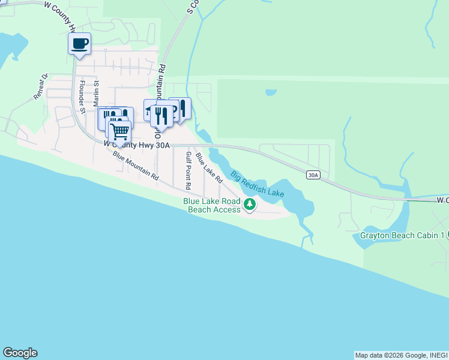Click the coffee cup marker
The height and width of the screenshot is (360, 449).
point(79,44)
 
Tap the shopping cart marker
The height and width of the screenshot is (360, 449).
point(119,130)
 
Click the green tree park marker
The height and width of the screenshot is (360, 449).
point(249,205)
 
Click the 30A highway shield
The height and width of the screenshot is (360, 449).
point(313,175)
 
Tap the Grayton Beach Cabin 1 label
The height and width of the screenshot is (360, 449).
point(402,235)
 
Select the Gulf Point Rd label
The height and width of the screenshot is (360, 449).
point(188,167)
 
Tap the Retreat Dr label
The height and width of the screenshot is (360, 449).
point(41,87)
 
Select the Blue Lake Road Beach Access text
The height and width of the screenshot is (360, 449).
point(212,205)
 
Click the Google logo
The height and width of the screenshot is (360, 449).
point(20,353)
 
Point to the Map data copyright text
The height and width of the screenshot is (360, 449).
point(401,355)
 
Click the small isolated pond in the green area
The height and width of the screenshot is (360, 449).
point(270,93)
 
